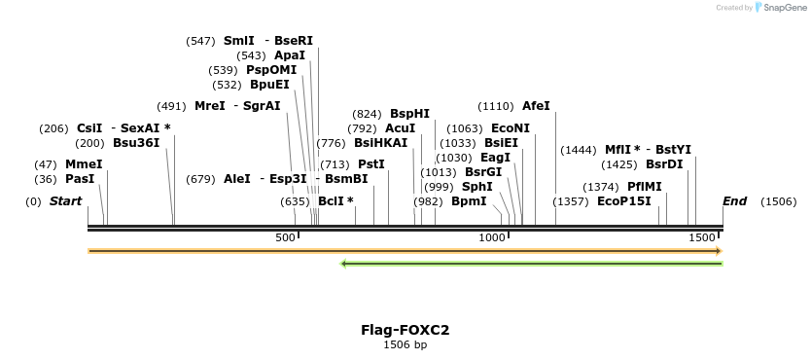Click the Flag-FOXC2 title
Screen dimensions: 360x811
coord(405,330)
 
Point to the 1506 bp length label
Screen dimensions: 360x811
coord(405,344)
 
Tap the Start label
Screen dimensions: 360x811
coord(65,201)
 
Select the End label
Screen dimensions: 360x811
coord(734,201)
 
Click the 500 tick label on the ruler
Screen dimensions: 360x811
coord(285,238)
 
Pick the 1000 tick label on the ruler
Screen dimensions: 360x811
coord(492,238)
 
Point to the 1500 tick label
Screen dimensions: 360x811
coord(700,238)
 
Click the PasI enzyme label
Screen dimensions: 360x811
coord(80,179)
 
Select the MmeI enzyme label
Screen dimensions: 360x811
coord(84,164)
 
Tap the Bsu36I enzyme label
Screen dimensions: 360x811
coord(136,143)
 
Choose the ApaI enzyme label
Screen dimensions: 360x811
coord(289,55)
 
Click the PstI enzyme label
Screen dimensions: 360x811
coord(371,164)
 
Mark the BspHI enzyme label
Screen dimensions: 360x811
coord(409,114)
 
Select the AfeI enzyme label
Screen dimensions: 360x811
coord(536,106)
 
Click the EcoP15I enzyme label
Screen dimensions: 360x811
coord(623,201)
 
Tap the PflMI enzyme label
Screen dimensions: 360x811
coord(644,187)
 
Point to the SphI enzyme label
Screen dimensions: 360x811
coord(476,187)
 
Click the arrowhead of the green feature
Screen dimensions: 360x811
coord(344,263)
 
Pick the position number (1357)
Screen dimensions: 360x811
coord(570,201)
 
